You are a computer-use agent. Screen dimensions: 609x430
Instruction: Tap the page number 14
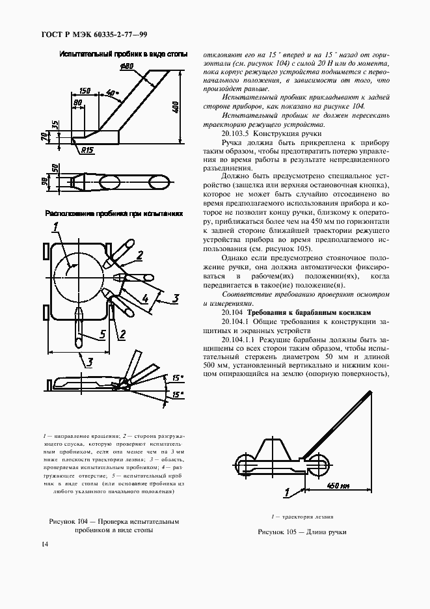44,543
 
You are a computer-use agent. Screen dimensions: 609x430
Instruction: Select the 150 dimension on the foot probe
85,91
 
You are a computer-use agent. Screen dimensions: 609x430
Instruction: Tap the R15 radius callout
88,150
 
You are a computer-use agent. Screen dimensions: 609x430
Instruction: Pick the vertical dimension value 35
55,124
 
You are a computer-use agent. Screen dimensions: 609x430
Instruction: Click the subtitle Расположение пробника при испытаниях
113,213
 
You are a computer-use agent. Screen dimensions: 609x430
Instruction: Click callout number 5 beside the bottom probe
101,334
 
